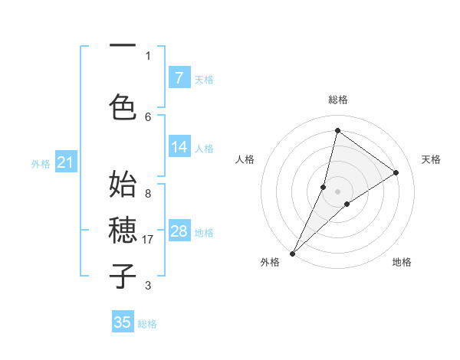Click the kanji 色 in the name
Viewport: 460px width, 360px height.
(123, 106)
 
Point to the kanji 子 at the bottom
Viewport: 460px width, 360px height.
(123, 275)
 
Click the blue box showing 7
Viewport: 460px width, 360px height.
(179, 78)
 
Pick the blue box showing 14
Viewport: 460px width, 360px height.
(179, 147)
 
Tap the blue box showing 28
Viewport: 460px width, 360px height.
(179, 231)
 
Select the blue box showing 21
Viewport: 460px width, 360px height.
(65, 162)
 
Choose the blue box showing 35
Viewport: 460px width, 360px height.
(123, 322)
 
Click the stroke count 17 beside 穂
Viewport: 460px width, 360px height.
(148, 240)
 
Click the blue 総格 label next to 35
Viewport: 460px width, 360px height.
(147, 324)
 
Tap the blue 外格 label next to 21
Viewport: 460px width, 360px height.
(41, 163)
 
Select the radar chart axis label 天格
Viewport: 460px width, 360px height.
(431, 159)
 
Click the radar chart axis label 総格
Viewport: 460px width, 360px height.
(337, 100)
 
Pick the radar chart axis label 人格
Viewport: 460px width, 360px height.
(245, 159)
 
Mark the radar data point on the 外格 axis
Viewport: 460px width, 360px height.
(292, 253)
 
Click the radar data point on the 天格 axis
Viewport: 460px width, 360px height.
(396, 172)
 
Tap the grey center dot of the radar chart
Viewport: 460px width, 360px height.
(337, 191)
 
